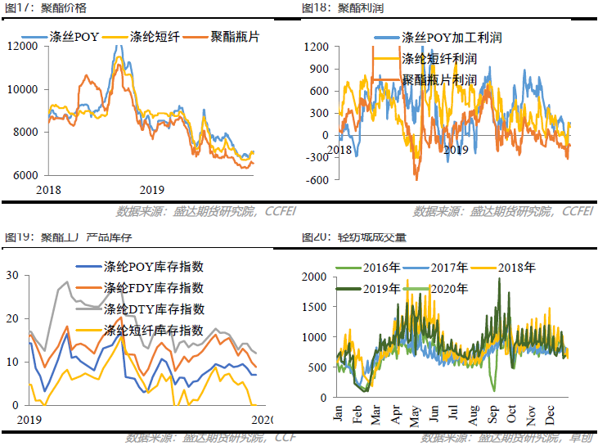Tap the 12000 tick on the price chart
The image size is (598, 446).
tap(24, 46)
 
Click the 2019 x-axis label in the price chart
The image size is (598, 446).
tap(152, 189)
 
